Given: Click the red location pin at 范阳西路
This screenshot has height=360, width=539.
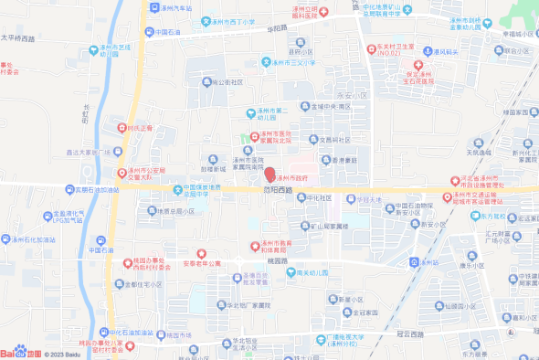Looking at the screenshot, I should tap(269, 175).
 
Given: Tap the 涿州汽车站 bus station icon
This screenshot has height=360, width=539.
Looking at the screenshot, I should tap(153, 7).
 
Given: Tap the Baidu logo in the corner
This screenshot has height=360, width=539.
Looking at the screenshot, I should tap(20, 353).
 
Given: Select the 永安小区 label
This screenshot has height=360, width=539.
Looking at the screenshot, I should tap(352, 94).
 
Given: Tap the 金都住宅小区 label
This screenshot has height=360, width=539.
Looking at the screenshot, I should tap(143, 284).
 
